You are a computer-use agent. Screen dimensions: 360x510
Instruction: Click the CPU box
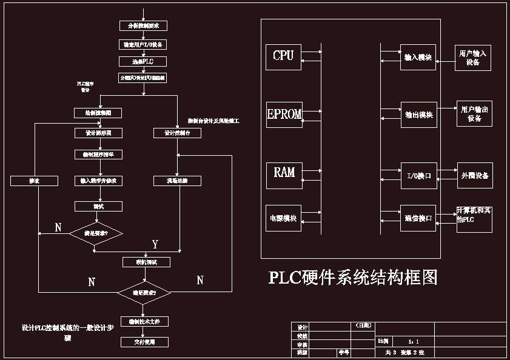[283, 56]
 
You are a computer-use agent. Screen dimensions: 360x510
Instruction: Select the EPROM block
[284, 115]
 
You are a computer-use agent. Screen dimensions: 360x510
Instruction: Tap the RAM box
[284, 173]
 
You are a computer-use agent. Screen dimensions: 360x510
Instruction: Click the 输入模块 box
[418, 57]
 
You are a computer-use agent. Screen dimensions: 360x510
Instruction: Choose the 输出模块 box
[418, 115]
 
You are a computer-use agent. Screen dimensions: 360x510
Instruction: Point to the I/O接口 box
[418, 176]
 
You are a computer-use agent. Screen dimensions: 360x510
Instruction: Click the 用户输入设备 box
[474, 58]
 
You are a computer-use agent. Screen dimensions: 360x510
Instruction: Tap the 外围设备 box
[474, 175]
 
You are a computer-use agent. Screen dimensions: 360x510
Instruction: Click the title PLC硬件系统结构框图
[353, 278]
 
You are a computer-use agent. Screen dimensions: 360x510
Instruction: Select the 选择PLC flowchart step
[143, 61]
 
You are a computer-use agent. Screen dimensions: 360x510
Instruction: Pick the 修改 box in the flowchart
[34, 181]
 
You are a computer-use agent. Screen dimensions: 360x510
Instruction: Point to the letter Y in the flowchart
[155, 244]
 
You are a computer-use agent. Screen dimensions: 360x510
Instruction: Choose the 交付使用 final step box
[144, 342]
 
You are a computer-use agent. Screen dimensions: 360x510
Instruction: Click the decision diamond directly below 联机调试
[144, 293]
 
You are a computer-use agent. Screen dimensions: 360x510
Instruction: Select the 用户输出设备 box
[474, 114]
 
